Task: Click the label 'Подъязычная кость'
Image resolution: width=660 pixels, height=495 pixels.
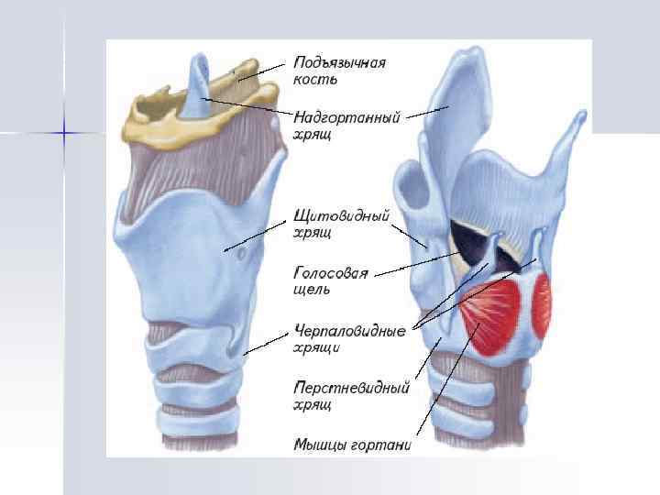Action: (339, 71)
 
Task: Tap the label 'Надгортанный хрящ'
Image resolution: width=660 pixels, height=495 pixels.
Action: (346, 126)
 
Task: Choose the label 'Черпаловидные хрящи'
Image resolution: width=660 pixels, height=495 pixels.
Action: (349, 338)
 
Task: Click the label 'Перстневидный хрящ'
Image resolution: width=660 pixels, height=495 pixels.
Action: (350, 395)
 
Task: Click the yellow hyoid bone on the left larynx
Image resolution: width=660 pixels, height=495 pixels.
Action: (156, 119)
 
